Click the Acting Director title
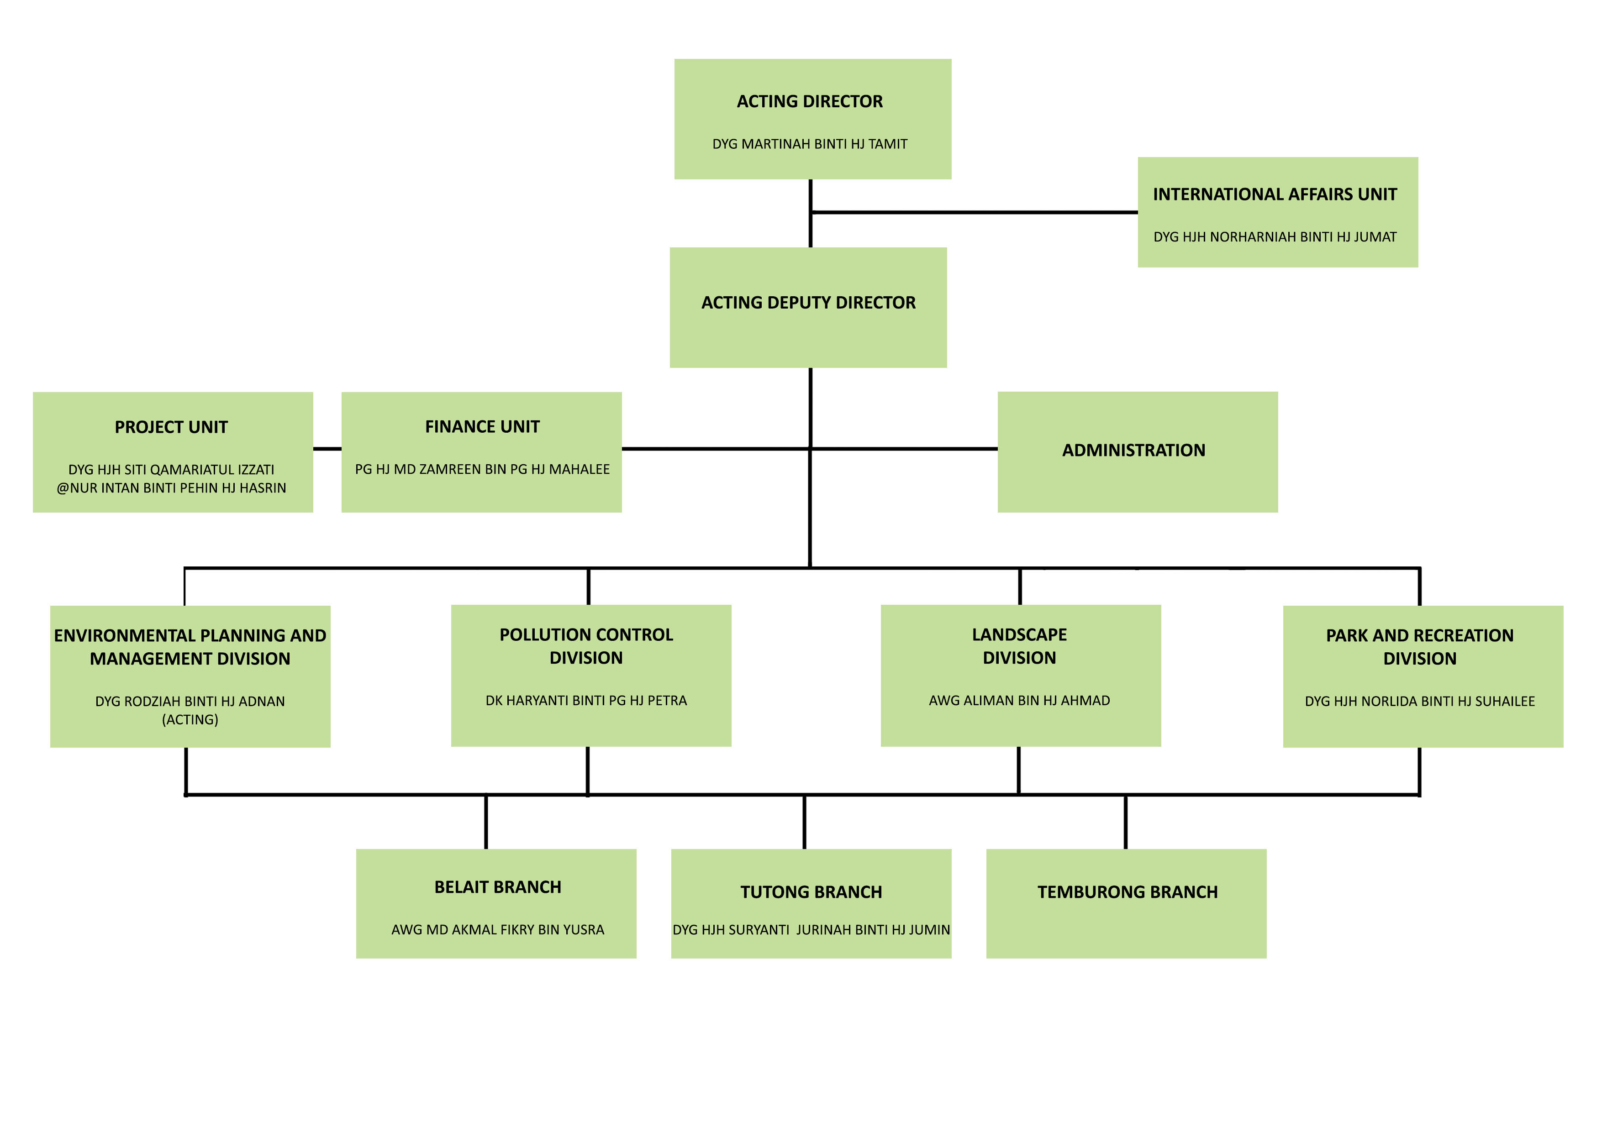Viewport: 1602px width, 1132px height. [809, 102]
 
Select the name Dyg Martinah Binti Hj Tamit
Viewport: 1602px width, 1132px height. [809, 144]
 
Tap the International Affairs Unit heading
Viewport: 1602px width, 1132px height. [1274, 194]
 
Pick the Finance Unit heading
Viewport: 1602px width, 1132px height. [482, 427]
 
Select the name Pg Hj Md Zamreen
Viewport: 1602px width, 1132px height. [482, 469]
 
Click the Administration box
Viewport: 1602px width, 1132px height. [1137, 451]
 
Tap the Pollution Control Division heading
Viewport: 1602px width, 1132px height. [586, 646]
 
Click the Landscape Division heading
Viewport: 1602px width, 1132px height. [1019, 646]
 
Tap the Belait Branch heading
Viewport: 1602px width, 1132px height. [497, 887]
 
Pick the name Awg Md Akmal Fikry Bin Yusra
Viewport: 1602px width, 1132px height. [497, 930]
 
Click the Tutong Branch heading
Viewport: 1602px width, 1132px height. [811, 892]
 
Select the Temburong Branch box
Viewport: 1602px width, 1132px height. [1126, 903]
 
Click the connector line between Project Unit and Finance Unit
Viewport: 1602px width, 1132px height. [327, 449]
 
